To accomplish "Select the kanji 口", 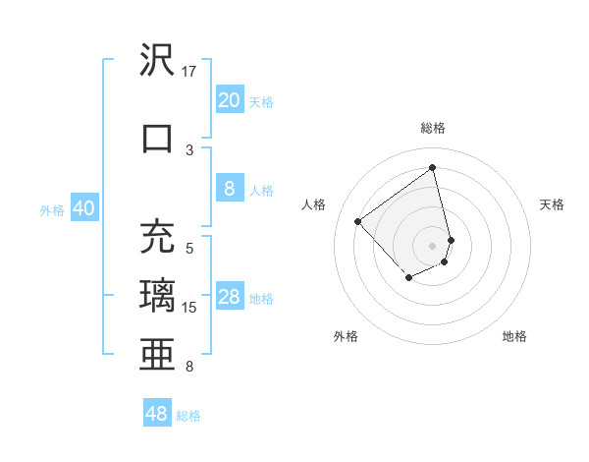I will click(x=157, y=137).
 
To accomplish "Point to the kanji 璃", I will click(x=157, y=295).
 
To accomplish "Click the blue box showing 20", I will click(x=229, y=100).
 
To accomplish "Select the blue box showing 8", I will click(x=229, y=190).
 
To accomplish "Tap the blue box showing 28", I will click(x=229, y=298).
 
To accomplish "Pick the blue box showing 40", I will click(x=83, y=208).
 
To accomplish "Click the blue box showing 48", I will click(x=156, y=414).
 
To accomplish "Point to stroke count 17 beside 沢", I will click(x=189, y=72).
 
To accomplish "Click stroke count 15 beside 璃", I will click(x=190, y=308).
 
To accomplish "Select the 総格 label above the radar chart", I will click(x=433, y=128).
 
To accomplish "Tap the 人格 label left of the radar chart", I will click(x=314, y=204).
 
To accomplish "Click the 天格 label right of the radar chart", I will click(x=552, y=204).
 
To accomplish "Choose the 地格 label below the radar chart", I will click(x=514, y=336).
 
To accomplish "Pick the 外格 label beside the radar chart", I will click(x=346, y=336).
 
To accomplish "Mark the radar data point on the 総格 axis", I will click(x=433, y=168).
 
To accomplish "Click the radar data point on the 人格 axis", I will click(x=358, y=222).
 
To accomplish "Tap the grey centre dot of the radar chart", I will click(x=433, y=245).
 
